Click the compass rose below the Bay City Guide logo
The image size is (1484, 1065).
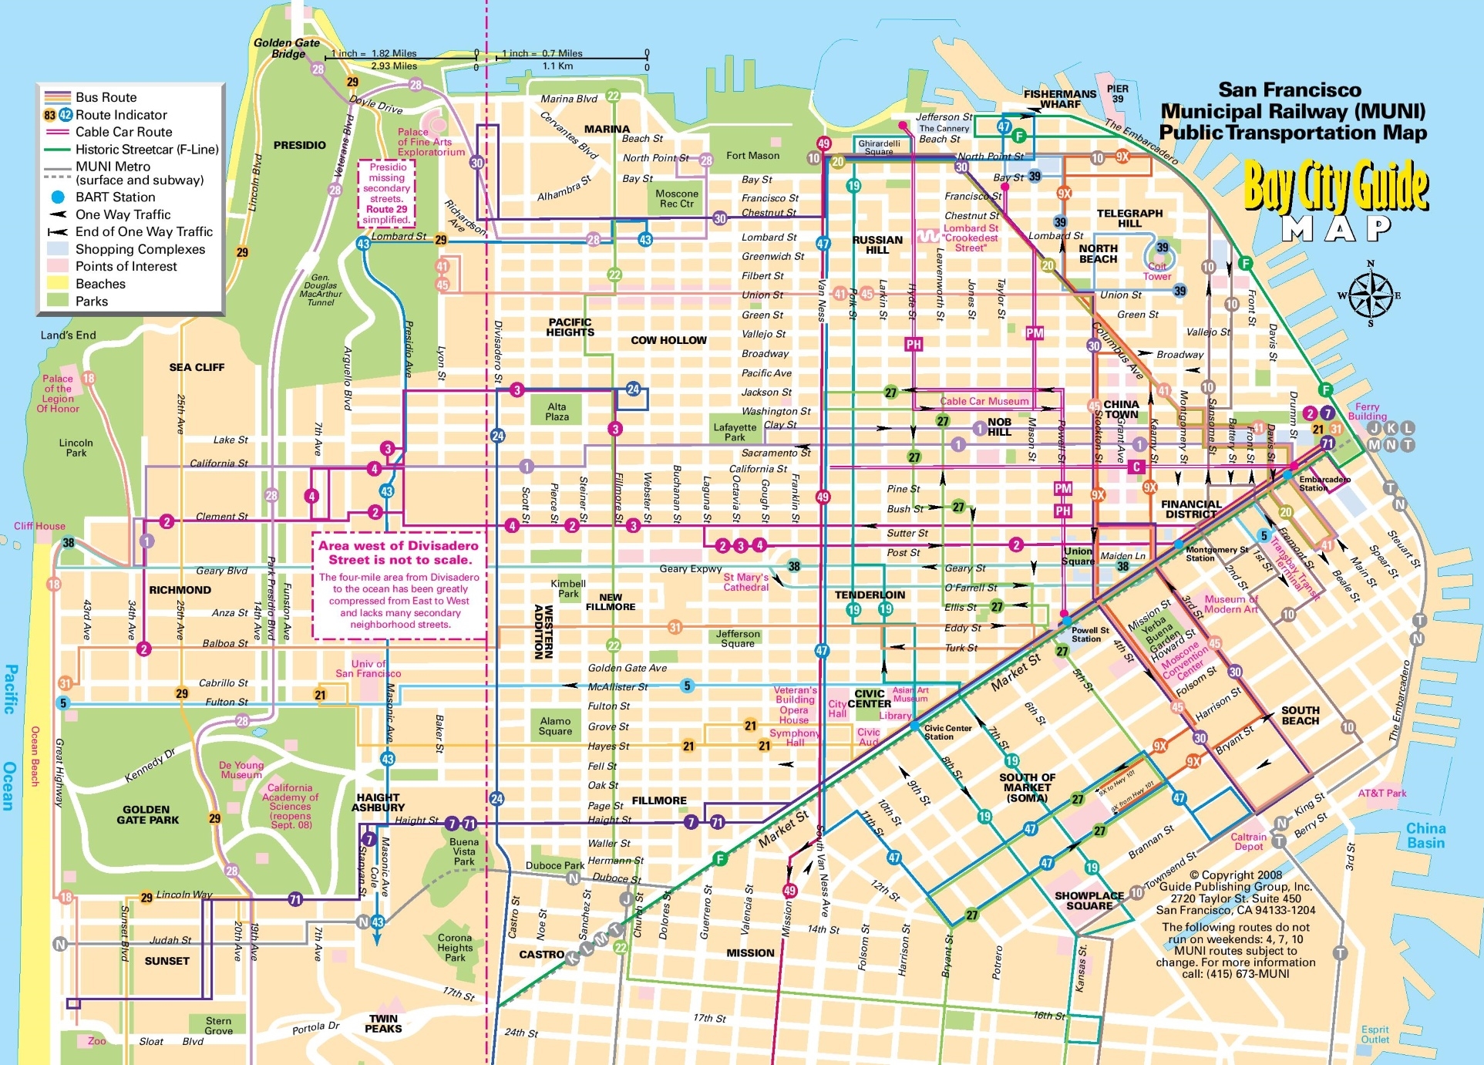[1371, 295]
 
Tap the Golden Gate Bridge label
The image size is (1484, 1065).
[287, 48]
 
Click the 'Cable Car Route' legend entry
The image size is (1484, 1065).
[123, 132]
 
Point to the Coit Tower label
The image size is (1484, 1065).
[1156, 271]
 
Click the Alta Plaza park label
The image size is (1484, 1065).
[557, 412]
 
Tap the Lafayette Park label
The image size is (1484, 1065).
[735, 432]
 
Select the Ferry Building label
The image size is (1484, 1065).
[1367, 411]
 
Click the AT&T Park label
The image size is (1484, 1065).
[1381, 793]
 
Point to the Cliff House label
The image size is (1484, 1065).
[39, 526]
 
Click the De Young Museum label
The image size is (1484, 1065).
[241, 770]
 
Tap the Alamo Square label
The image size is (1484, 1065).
[555, 726]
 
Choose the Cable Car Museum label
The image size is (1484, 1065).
[984, 401]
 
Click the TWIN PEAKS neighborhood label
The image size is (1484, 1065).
[383, 1023]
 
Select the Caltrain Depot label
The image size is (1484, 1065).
[1248, 841]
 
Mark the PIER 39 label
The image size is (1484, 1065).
[1117, 93]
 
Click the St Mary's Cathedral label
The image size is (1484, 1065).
[745, 582]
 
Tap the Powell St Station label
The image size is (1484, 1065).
[1089, 634]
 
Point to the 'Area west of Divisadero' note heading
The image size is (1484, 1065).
[399, 552]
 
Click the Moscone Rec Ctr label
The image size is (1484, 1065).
[677, 198]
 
